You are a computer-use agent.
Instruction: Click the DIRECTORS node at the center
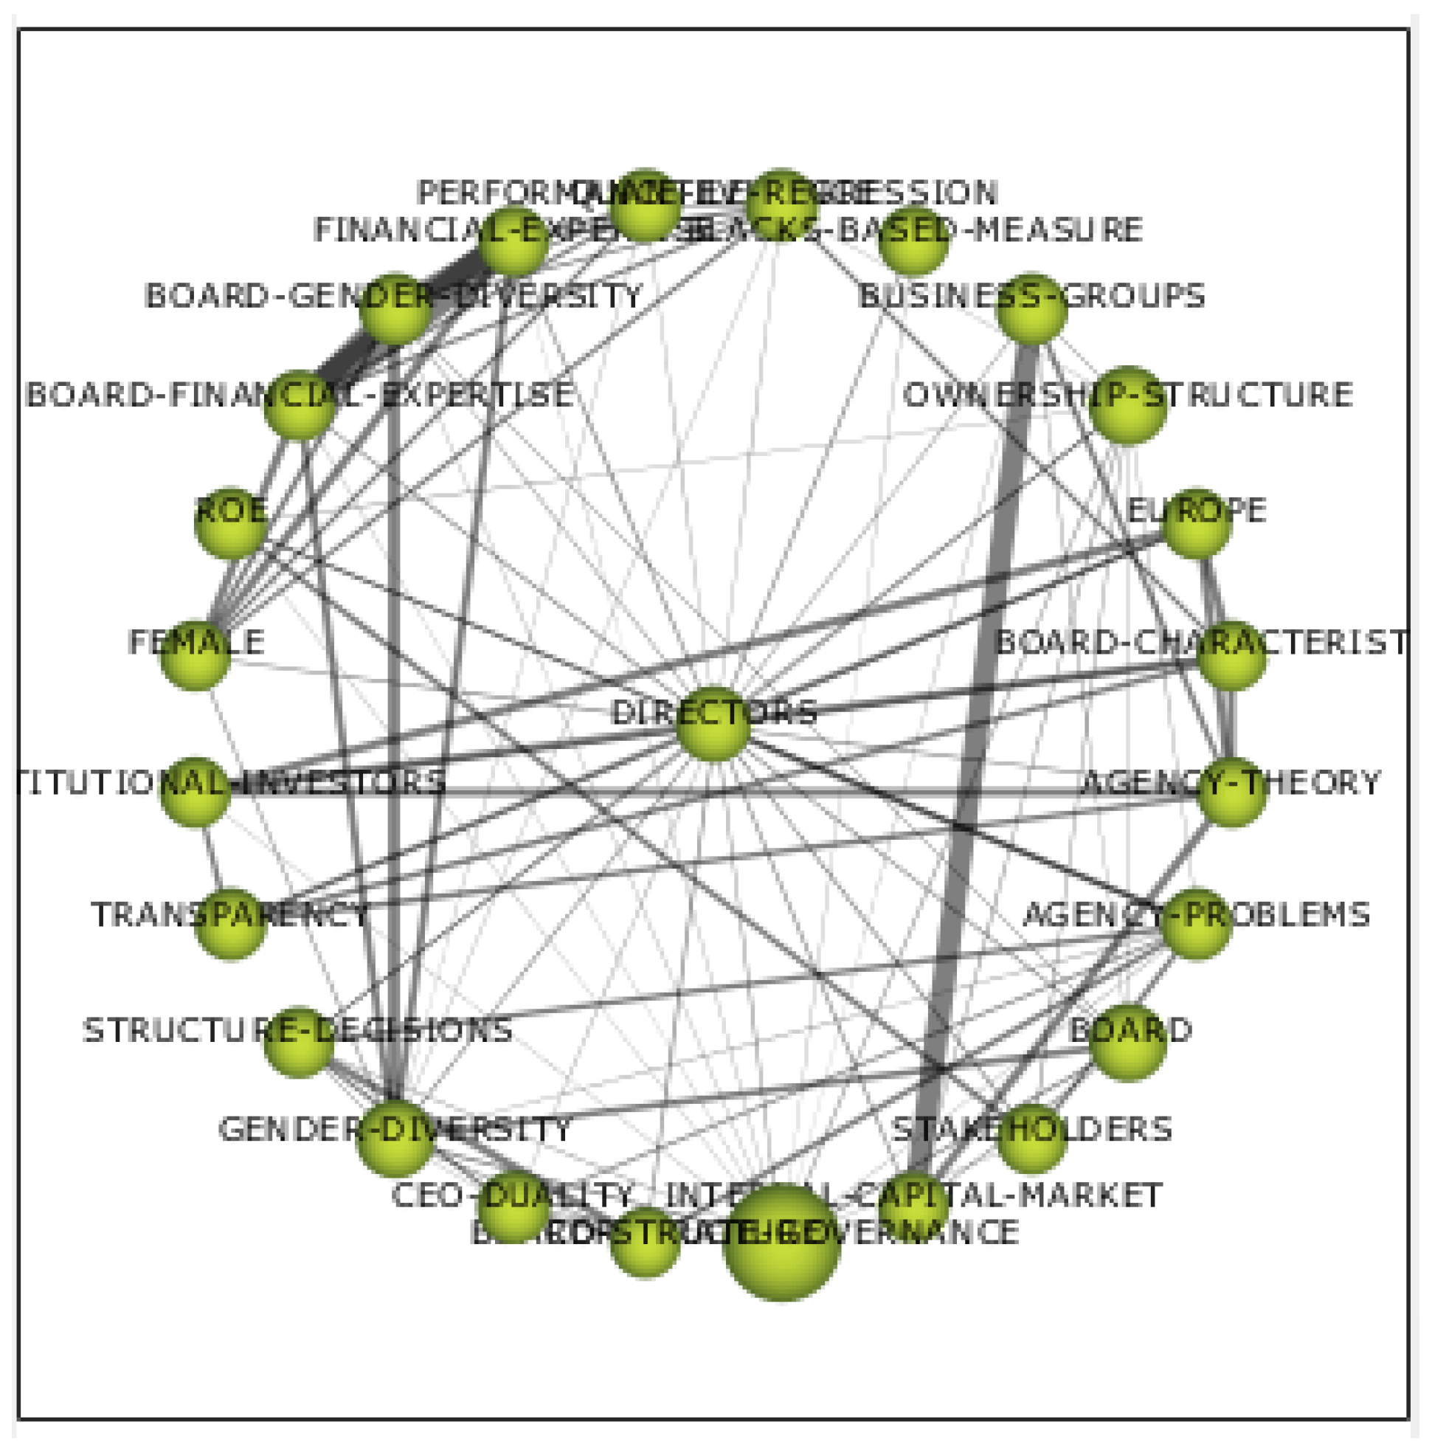point(712,723)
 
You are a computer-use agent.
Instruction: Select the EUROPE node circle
point(1196,522)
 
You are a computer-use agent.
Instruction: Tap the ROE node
point(230,522)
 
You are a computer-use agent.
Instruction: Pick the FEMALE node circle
point(195,655)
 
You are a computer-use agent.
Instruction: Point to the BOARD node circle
point(1127,1042)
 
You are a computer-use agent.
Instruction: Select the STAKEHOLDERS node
point(1032,1139)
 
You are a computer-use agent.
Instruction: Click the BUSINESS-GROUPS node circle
point(1032,308)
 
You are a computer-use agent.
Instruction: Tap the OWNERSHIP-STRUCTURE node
point(1127,404)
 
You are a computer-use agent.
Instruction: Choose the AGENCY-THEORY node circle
point(1231,793)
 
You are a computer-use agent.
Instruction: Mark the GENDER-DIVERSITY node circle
point(395,1139)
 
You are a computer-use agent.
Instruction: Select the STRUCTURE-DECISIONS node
point(299,1042)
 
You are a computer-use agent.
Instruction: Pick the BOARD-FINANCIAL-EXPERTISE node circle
point(299,404)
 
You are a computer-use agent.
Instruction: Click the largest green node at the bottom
point(781,1242)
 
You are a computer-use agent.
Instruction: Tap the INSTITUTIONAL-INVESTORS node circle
point(195,793)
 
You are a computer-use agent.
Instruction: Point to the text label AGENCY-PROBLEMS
point(1196,915)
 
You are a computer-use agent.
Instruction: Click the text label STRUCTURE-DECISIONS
point(297,1030)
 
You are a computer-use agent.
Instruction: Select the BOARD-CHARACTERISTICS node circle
point(1231,655)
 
